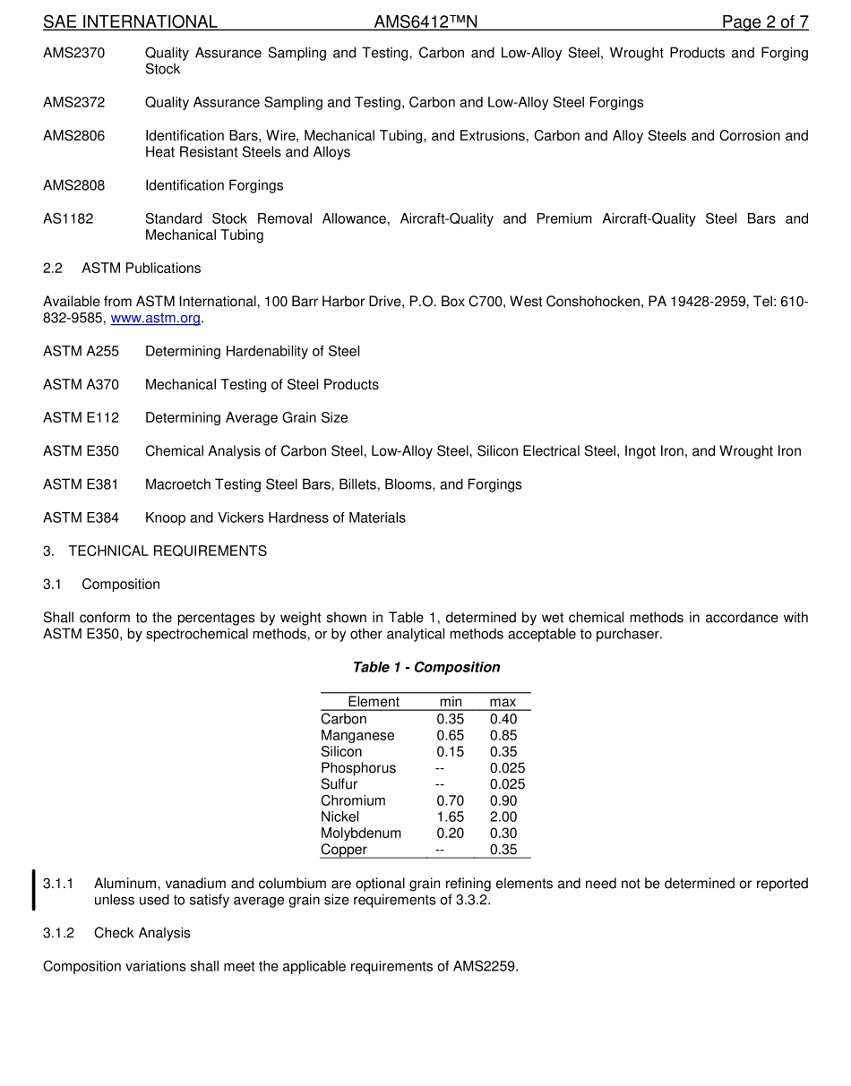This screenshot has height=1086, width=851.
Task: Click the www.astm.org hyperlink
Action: pyautogui.click(x=155, y=318)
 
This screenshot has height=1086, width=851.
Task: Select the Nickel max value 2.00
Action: pyautogui.click(x=503, y=817)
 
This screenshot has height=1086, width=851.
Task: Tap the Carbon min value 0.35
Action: pyautogui.click(x=450, y=719)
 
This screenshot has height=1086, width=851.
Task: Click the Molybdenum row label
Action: pyautogui.click(x=361, y=833)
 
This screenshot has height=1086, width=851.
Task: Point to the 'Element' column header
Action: pyautogui.click(x=374, y=702)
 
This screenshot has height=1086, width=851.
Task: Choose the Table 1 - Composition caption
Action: pyautogui.click(x=425, y=667)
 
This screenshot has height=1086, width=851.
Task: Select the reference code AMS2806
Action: pyautogui.click(x=73, y=136)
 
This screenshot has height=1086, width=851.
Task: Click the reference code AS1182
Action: pyautogui.click(x=68, y=218)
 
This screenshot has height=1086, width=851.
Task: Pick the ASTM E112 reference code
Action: pyautogui.click(x=81, y=418)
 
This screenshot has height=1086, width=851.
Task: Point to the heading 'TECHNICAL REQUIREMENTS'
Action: pyautogui.click(x=168, y=552)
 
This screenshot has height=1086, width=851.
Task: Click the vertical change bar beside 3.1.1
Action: pyautogui.click(x=34, y=889)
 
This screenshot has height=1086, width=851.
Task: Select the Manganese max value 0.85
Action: pyautogui.click(x=503, y=735)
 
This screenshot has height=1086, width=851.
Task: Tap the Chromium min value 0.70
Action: pyautogui.click(x=450, y=800)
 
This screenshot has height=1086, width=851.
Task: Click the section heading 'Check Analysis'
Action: pyautogui.click(x=142, y=933)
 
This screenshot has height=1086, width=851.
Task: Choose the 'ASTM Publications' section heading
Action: pyautogui.click(x=141, y=269)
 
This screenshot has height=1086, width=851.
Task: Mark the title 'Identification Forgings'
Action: pyautogui.click(x=214, y=185)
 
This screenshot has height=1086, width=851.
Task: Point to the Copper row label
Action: pyautogui.click(x=344, y=850)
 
